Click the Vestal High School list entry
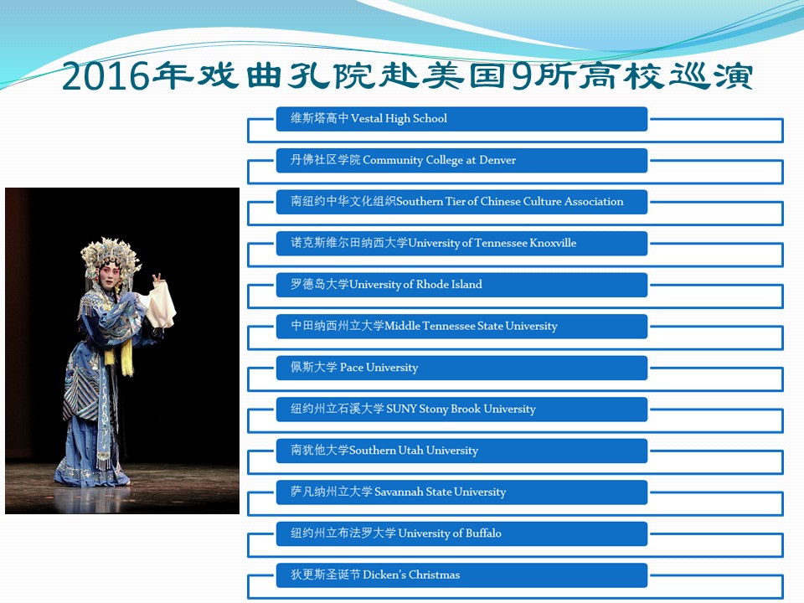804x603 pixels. [x=461, y=119]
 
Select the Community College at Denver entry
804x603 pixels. [x=461, y=161]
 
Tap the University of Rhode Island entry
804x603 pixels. [x=461, y=285]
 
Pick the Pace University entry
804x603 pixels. [x=461, y=368]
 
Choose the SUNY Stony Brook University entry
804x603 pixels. [x=461, y=410]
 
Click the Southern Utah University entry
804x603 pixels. [x=461, y=451]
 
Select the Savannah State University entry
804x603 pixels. [x=461, y=492]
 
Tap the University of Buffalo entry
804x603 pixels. [x=461, y=533]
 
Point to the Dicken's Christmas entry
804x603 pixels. [x=461, y=575]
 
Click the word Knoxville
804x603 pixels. [x=553, y=243]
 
